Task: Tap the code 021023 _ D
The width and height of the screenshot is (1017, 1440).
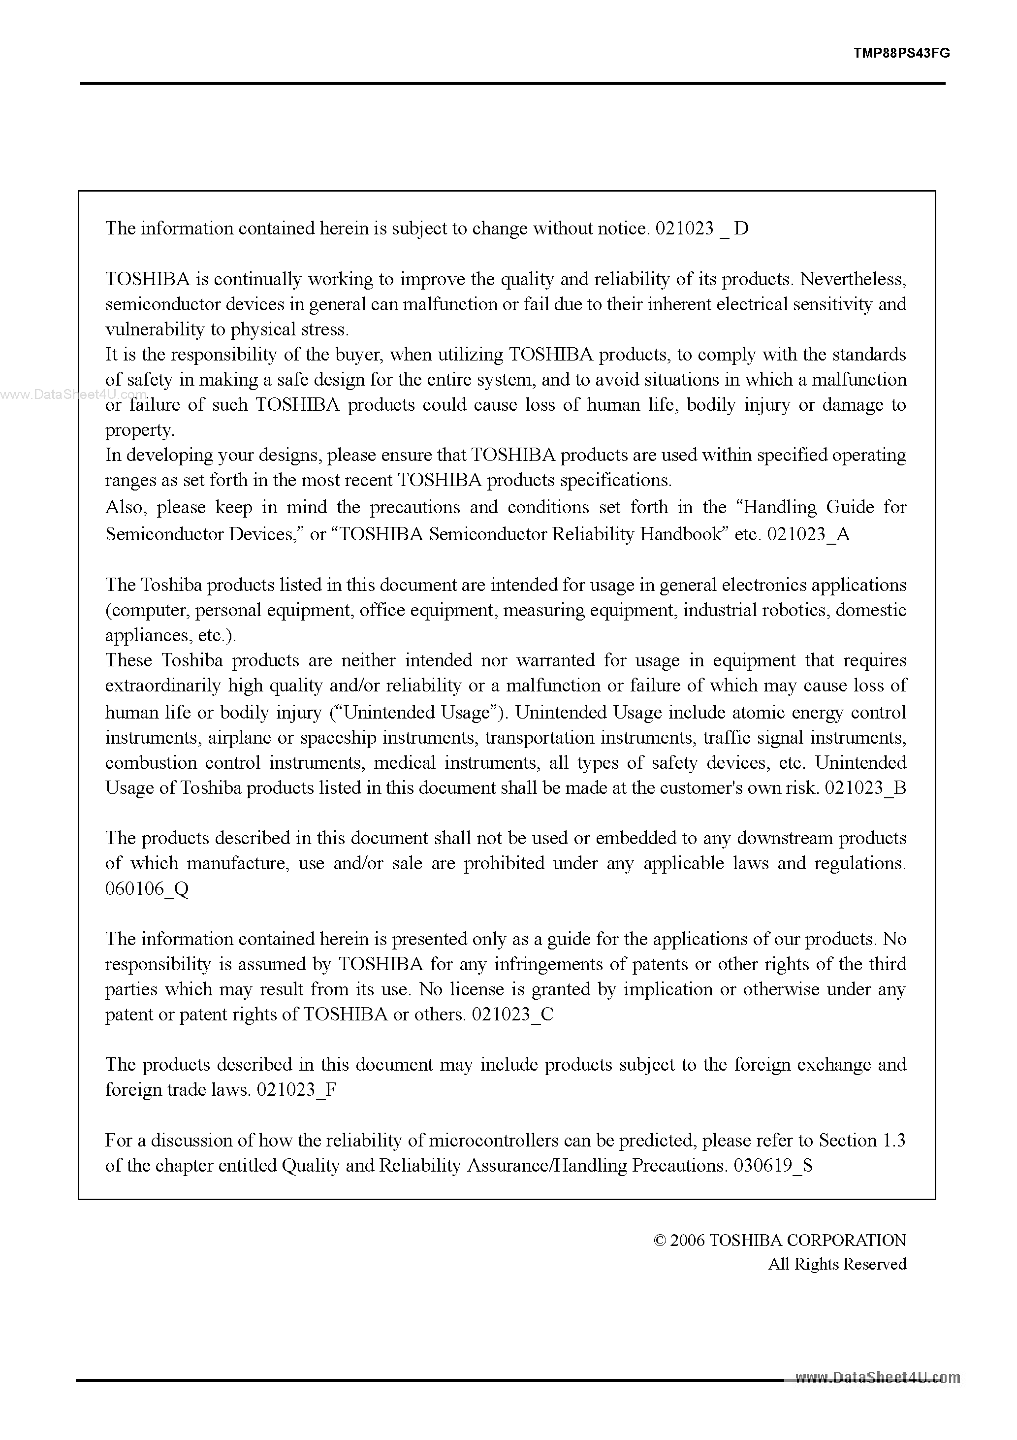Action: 701,229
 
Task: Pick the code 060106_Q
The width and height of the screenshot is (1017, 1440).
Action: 147,889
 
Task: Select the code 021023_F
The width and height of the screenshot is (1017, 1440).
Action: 297,1090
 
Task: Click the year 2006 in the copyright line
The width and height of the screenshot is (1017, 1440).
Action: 688,1241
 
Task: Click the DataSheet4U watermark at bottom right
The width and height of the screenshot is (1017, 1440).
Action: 877,1377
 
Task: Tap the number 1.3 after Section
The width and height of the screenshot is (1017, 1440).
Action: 893,1140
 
